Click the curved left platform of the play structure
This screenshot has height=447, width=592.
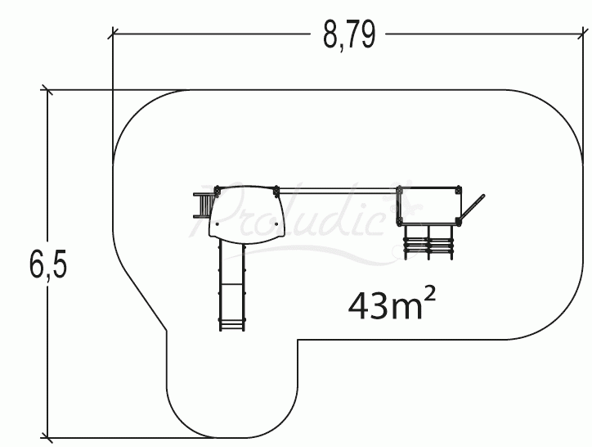246,212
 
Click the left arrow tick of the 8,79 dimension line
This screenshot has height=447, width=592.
114,34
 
